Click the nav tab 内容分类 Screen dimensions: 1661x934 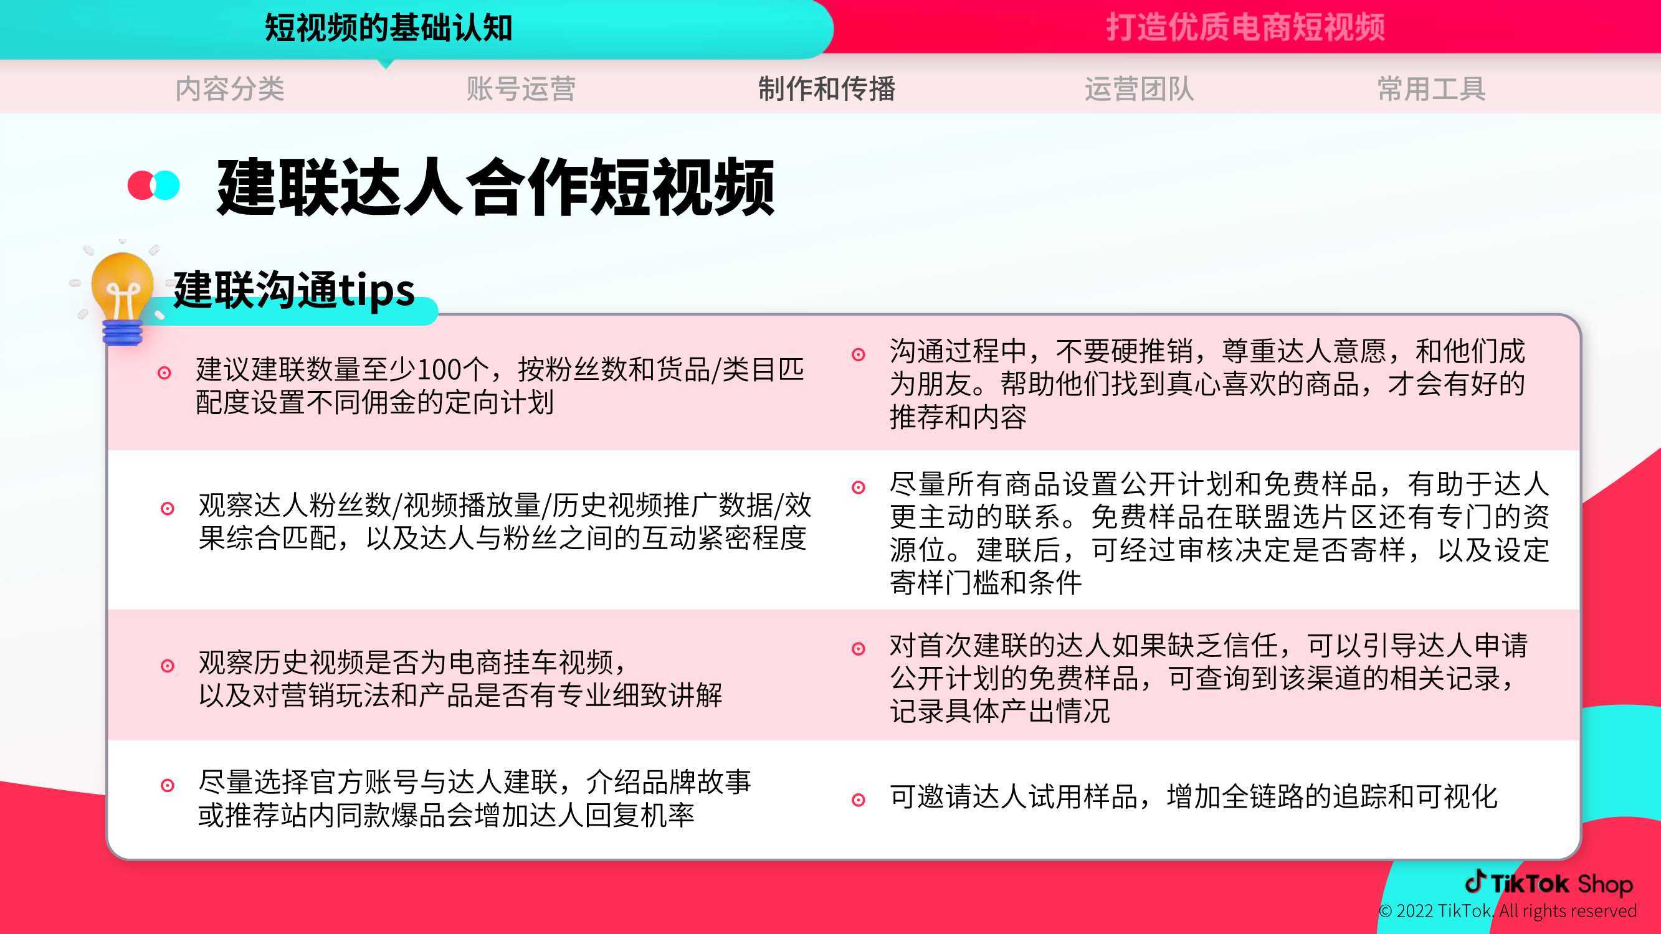pyautogui.click(x=229, y=89)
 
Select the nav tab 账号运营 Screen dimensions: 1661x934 pyautogui.click(x=521, y=89)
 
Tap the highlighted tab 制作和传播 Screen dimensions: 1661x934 pyautogui.click(x=827, y=89)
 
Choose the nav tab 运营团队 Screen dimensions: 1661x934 pyautogui.click(x=1140, y=89)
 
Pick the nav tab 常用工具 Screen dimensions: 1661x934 pyautogui.click(x=1432, y=89)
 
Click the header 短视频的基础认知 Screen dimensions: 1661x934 pyautogui.click(x=389, y=28)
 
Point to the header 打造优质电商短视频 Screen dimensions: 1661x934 pyautogui.click(x=1246, y=28)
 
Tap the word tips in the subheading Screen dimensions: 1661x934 pyautogui.click(x=376, y=291)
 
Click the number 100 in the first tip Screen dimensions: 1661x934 pyautogui.click(x=439, y=370)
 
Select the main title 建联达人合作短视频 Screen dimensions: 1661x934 pyautogui.click(x=495, y=187)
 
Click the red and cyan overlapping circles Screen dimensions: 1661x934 pyautogui.click(x=153, y=185)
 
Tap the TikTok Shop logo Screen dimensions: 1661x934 pyautogui.click(x=1549, y=883)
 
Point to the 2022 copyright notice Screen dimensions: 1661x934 pyautogui.click(x=1508, y=911)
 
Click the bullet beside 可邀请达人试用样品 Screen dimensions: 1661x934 pyautogui.click(x=859, y=800)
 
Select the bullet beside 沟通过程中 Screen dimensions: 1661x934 pyautogui.click(x=859, y=354)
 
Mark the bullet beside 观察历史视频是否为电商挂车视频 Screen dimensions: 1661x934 pyautogui.click(x=167, y=666)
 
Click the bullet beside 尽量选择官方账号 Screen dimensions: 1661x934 pyautogui.click(x=167, y=785)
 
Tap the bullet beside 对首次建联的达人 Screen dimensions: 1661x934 pyautogui.click(x=859, y=648)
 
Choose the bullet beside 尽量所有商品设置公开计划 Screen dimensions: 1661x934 pyautogui.click(x=859, y=488)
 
